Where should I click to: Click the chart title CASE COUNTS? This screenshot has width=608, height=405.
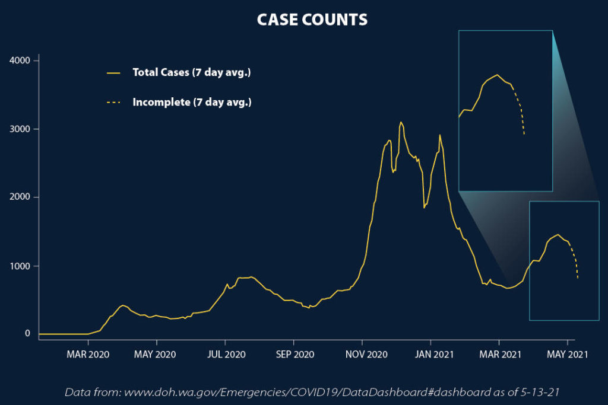312,20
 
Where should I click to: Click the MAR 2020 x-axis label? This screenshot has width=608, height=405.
88,355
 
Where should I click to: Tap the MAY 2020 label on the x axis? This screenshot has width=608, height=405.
156,355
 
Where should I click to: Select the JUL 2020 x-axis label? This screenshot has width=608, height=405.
226,355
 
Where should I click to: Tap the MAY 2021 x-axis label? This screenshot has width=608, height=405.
568,355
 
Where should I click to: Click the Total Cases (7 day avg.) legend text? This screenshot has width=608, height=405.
192,72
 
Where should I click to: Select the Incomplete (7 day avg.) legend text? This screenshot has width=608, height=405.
192,103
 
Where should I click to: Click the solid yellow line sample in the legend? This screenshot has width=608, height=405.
113,73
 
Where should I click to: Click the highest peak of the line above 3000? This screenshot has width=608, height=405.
401,122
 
